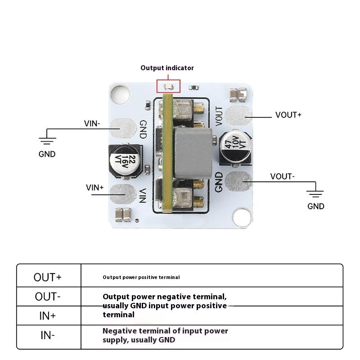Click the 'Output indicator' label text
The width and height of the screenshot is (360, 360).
[x=167, y=68]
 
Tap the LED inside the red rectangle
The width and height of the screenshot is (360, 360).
[x=168, y=86]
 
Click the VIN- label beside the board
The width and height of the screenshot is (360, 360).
[x=92, y=123]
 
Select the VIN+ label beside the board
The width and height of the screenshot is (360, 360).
[x=95, y=187]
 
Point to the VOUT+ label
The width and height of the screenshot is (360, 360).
[x=288, y=115]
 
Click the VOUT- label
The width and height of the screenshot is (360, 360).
[x=283, y=176]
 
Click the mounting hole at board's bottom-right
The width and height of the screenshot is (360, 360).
[x=243, y=218]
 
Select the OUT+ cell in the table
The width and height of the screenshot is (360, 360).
[x=48, y=277]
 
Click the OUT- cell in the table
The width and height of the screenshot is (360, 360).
[x=48, y=297]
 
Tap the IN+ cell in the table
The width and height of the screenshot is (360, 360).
[x=48, y=315]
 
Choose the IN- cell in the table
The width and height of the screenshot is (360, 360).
[x=48, y=335]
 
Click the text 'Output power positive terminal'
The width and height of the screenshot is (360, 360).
[x=141, y=277]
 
